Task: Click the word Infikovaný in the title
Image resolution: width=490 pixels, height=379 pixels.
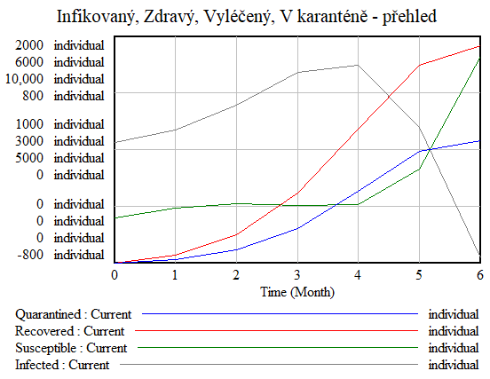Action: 93,17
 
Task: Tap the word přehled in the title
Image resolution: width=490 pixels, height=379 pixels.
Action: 404,17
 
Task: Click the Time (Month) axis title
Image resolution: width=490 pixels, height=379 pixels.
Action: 296,291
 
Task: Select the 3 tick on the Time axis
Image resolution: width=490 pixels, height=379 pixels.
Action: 297,275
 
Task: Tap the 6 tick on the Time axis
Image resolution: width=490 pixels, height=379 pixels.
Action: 480,275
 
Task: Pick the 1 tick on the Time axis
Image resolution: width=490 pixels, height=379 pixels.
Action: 176,275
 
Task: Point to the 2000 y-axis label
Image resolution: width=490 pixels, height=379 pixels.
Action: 28,45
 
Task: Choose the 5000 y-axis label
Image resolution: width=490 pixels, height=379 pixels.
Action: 28,157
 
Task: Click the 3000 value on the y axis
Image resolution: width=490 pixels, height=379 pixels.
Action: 28,140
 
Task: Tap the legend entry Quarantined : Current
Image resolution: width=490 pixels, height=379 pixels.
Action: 73,314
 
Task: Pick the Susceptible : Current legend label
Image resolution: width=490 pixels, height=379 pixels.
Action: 71,348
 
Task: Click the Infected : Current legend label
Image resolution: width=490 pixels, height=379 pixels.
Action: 62,365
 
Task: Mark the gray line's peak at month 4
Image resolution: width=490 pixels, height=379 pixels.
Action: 358,65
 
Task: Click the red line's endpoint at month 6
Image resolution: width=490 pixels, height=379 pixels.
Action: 479,45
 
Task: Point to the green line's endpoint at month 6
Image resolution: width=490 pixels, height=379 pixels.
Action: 479,59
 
